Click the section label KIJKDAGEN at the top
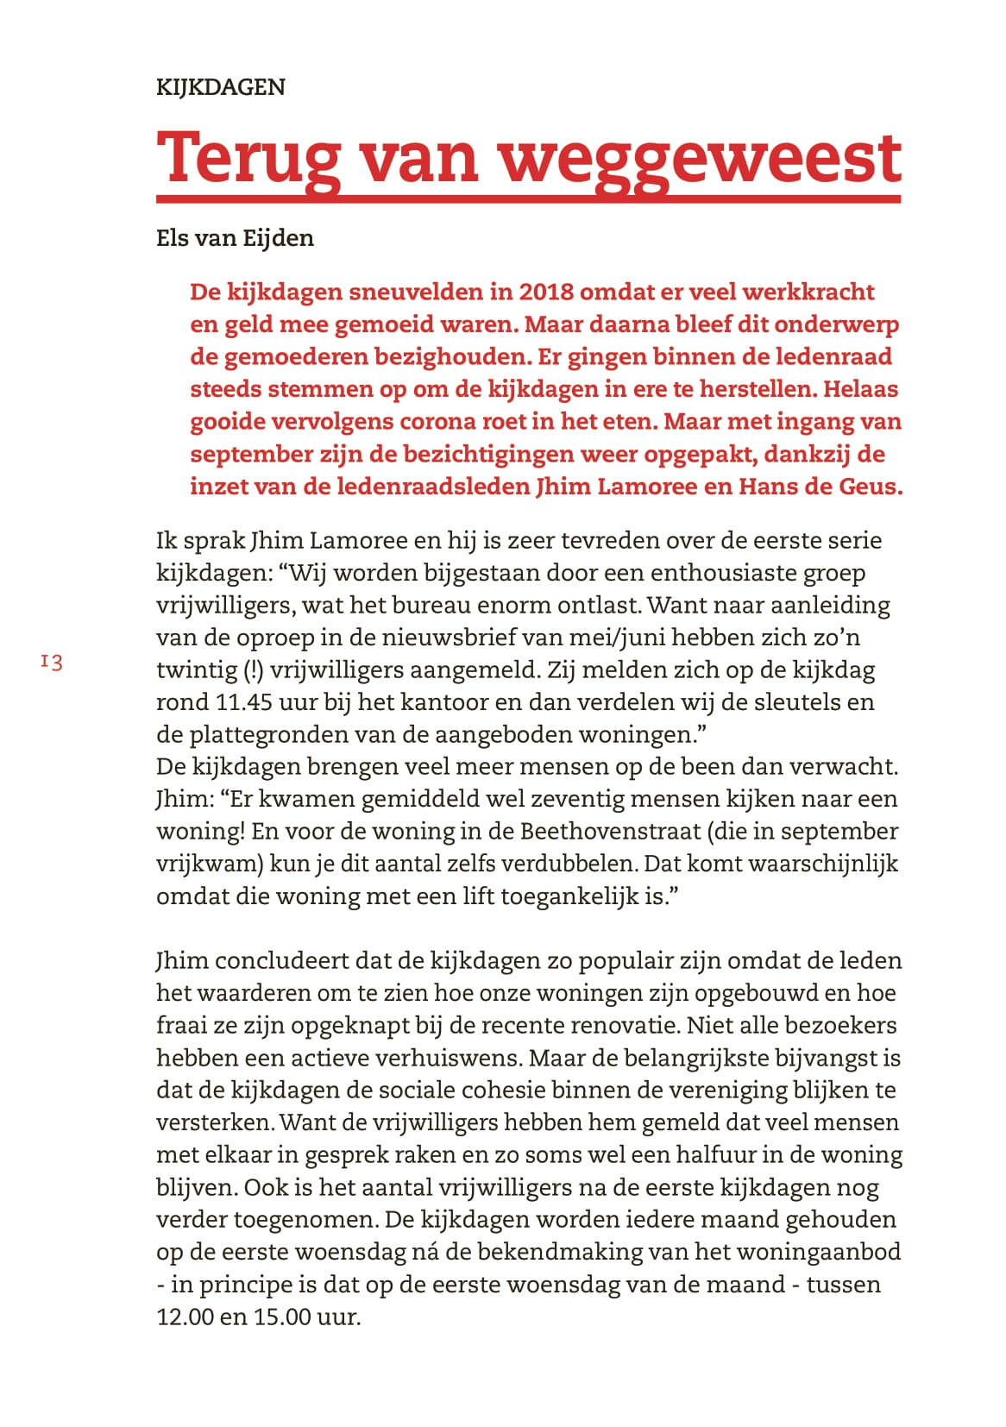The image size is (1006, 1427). (x=220, y=87)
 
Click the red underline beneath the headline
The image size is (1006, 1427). (x=528, y=199)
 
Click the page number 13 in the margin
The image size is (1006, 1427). (x=52, y=663)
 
